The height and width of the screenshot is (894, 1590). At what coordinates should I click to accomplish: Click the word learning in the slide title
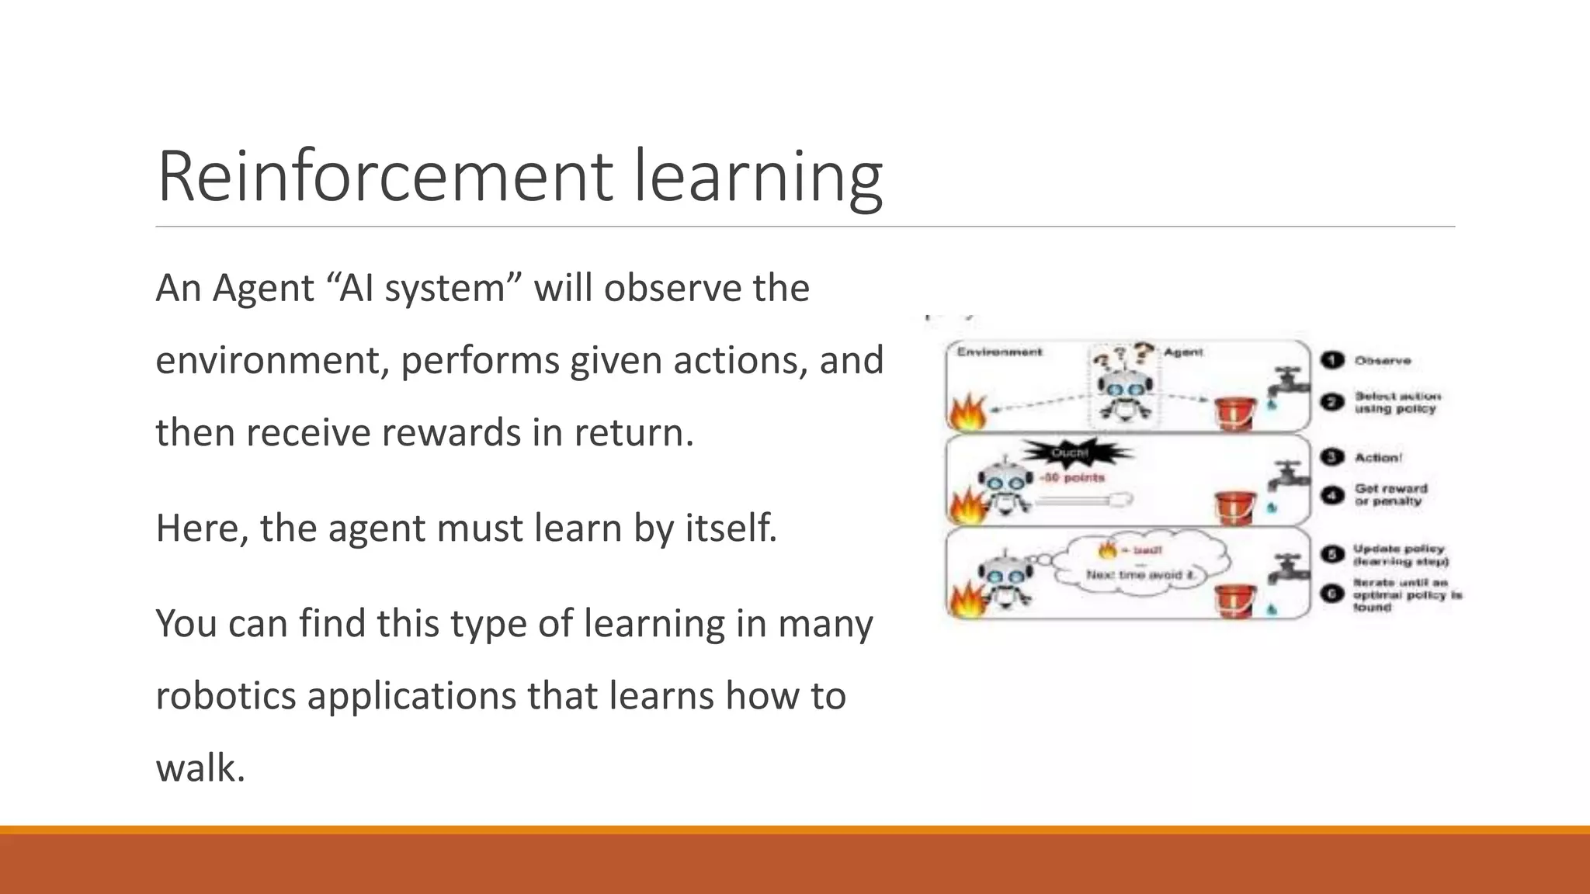pyautogui.click(x=759, y=178)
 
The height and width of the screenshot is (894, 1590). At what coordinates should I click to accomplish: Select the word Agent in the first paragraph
pyautogui.click(x=262, y=289)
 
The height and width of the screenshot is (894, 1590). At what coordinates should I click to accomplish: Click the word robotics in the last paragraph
pyautogui.click(x=226, y=696)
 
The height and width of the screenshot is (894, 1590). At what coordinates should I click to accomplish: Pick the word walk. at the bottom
pyautogui.click(x=200, y=768)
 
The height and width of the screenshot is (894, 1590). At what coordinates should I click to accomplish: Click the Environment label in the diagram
pyautogui.click(x=999, y=352)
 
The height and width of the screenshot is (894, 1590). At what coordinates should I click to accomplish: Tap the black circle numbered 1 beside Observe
pyautogui.click(x=1332, y=360)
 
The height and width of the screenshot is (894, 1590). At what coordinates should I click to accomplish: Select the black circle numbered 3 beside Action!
pyautogui.click(x=1332, y=457)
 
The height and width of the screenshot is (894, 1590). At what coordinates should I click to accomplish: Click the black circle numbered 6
pyautogui.click(x=1332, y=594)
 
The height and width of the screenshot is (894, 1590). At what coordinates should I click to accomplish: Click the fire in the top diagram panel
pyautogui.click(x=967, y=413)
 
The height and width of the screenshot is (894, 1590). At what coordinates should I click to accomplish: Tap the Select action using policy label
pyautogui.click(x=1397, y=402)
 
